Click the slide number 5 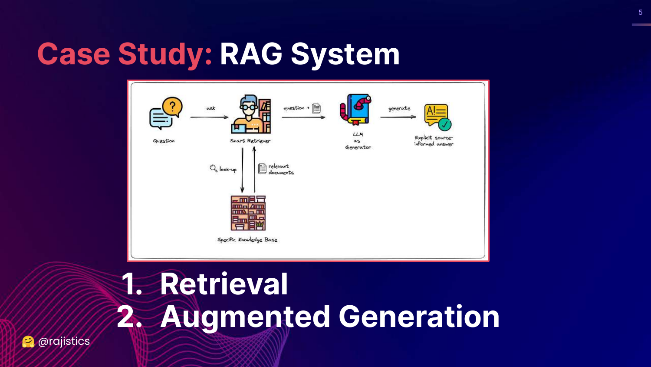640,13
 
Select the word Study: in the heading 165,54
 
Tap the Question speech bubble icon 165,113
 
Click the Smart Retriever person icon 251,114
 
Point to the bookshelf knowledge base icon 248,213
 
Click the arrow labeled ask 209,117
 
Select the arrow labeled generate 398,117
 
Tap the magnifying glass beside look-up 214,168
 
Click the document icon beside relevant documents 262,168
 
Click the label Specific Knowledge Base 247,240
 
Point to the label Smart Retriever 250,141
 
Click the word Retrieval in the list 224,284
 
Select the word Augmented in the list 245,317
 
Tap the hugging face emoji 28,342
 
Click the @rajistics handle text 64,341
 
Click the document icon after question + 316,108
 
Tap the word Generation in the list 419,317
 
